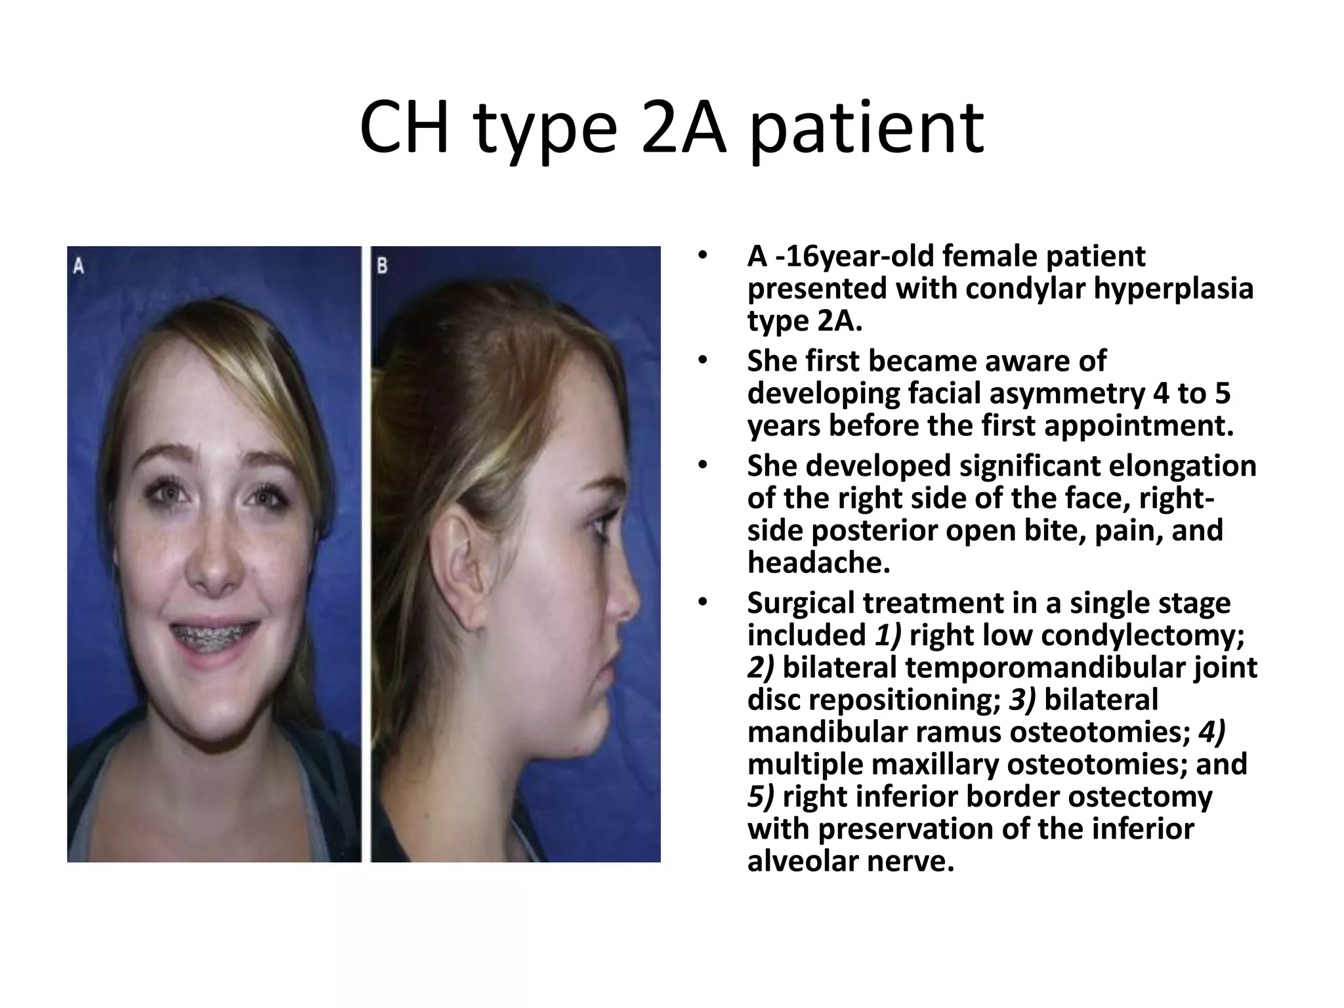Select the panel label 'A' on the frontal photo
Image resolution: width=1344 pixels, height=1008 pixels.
tap(79, 266)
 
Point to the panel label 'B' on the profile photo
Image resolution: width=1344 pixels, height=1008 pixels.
tap(383, 266)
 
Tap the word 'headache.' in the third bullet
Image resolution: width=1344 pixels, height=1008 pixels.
tap(818, 562)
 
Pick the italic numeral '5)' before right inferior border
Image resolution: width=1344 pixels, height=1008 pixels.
tap(761, 796)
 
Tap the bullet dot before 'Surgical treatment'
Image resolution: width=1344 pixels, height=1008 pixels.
tap(703, 602)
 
